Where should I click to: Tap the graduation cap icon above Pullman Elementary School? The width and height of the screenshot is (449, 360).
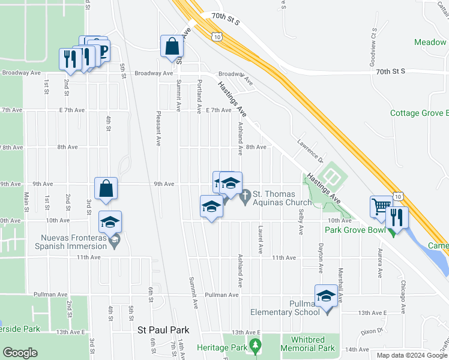point(326,296)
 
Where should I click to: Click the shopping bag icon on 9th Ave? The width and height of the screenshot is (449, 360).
point(106,188)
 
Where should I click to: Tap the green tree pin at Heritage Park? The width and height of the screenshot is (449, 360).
point(256,346)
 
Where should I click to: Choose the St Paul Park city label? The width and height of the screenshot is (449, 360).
point(163,330)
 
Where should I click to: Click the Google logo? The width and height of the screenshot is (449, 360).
point(20,353)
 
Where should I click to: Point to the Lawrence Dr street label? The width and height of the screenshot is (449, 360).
point(310,151)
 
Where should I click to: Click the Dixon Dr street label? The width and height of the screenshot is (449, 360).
point(372,331)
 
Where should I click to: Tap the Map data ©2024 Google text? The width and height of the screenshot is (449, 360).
point(411,355)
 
